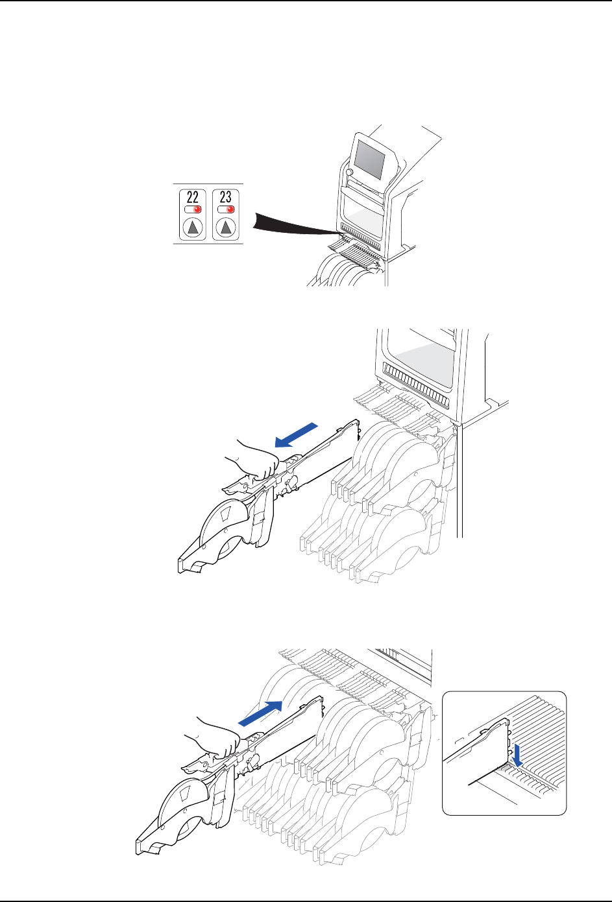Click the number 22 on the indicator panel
[x=193, y=197]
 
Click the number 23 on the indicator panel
[x=226, y=197]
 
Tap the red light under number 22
[x=197, y=209]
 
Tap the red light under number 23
[x=230, y=209]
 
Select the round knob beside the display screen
[x=349, y=172]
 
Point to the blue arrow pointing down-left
[x=296, y=435]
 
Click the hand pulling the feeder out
[x=254, y=459]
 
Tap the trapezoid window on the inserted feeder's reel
[x=185, y=794]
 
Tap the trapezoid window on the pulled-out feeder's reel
[x=226, y=513]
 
